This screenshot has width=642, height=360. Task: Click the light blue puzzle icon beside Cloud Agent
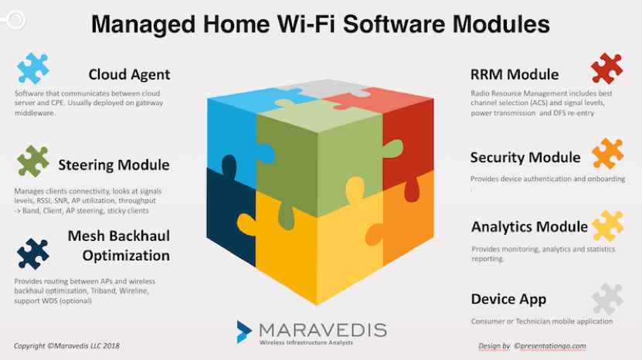(x=32, y=69)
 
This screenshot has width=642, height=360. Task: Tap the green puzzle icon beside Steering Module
(x=32, y=161)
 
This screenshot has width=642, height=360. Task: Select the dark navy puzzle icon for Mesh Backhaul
(x=32, y=254)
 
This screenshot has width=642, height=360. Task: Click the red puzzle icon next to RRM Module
(x=606, y=69)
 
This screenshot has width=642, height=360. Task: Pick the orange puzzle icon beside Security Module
(x=607, y=154)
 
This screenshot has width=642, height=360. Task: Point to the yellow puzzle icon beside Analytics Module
(x=607, y=226)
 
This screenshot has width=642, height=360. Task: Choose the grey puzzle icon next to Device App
(x=607, y=299)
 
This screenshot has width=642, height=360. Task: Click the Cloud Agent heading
(x=129, y=74)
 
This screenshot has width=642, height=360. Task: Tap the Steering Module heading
(x=114, y=165)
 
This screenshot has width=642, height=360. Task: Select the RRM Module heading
(x=515, y=74)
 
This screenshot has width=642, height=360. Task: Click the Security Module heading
(x=525, y=158)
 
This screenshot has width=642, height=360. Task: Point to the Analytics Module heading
(x=529, y=226)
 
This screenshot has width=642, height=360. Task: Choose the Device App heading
(x=508, y=299)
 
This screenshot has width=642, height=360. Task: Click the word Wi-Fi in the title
(x=306, y=24)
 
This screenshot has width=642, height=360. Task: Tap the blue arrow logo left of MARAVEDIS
(x=244, y=331)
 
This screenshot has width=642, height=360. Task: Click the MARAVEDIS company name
(x=323, y=330)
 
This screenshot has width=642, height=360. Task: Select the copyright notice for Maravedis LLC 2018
(x=66, y=345)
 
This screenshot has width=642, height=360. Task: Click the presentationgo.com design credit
(x=532, y=346)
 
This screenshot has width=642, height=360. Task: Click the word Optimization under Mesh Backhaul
(x=126, y=256)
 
